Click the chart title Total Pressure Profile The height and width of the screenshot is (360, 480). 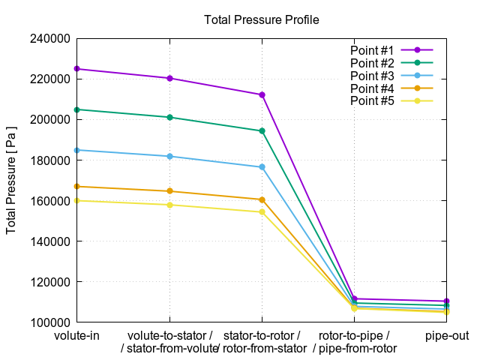pos(261,19)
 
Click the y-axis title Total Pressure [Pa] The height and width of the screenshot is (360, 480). pos(11,179)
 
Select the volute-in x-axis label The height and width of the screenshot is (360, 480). pos(77,335)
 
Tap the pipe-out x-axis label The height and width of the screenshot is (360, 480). pos(446,335)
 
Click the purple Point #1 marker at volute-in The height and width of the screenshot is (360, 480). pos(77,69)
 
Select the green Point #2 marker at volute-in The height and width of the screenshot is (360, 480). pos(77,109)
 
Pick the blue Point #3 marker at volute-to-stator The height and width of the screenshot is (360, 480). pos(169,156)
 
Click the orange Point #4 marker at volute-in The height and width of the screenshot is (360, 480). pos(77,186)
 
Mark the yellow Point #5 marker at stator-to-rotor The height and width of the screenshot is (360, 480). pos(262,212)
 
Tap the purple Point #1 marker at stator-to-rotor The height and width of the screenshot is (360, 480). pos(262,94)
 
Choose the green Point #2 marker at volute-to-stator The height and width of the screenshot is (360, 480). pos(169,117)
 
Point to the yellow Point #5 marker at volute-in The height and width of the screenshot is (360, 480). pos(77,200)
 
